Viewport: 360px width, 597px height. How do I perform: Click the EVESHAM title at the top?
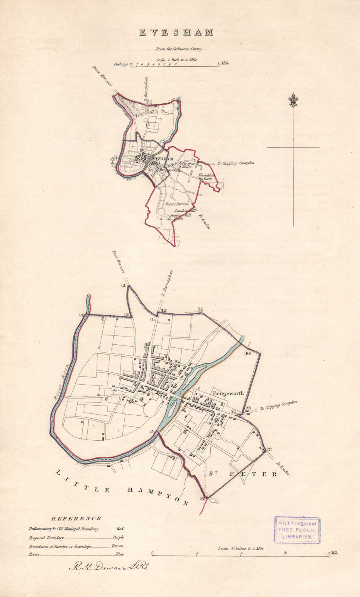coord(176,33)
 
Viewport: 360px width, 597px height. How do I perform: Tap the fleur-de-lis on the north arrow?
coord(293,101)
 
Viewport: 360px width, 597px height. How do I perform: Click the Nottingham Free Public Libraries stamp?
coord(297,530)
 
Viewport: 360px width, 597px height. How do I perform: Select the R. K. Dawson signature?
coord(109,567)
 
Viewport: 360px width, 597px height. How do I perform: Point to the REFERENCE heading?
coord(76,518)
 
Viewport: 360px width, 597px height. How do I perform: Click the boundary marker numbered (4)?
coord(82,315)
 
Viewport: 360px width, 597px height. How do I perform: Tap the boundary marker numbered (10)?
coord(247,353)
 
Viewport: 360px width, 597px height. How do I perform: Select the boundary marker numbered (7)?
coord(269,449)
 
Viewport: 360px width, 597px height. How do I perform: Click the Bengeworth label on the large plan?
coord(228,393)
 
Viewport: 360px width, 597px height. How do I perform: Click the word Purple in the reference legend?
coord(118,538)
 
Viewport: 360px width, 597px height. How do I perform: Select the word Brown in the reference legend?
coord(118,546)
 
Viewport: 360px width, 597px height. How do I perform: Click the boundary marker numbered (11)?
coord(201,309)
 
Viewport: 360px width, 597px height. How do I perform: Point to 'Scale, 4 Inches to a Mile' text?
coord(241,548)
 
